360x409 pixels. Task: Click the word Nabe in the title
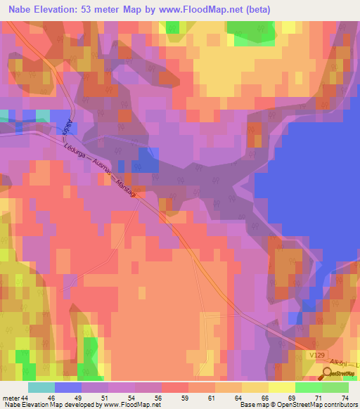pyautogui.click(x=18, y=9)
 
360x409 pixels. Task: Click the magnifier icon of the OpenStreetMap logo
pyautogui.click(x=326, y=375)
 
